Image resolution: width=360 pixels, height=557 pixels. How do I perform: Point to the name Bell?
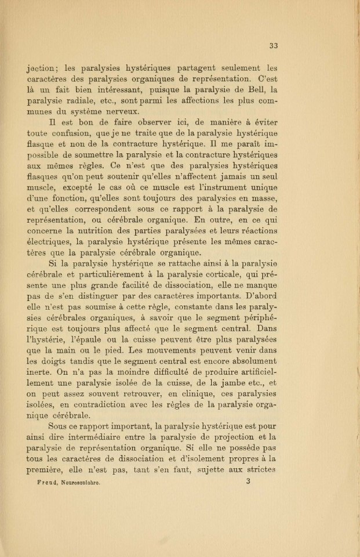[250, 89]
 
